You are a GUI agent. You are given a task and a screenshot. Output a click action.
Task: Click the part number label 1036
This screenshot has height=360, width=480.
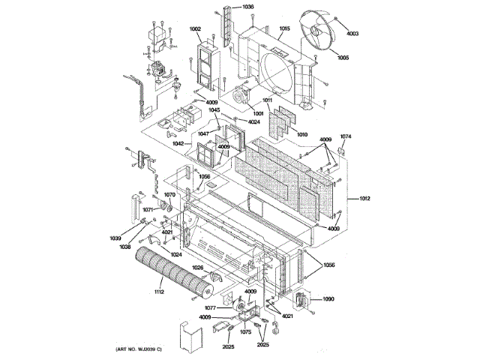pos(247,7)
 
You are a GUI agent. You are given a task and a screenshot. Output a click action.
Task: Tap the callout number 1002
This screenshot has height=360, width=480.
pos(195,29)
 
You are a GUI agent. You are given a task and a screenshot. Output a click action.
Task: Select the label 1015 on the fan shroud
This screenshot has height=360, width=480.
pos(284,29)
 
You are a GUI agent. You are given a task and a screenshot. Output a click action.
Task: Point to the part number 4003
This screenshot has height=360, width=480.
pos(352,33)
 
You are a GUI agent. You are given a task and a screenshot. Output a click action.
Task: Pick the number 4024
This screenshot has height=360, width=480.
pos(254,121)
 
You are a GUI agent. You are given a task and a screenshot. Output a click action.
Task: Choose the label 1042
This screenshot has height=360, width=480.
pos(178,142)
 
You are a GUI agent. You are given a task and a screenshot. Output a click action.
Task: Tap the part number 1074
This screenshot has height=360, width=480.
pos(346,136)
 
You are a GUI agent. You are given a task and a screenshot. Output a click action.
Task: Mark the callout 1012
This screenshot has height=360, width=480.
pos(365,198)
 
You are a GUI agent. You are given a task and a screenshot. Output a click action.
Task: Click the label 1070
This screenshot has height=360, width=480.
pos(170,195)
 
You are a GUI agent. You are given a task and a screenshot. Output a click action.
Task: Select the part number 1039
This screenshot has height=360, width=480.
pos(115,238)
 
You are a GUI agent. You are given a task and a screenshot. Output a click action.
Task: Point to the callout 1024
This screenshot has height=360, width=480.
pos(175,254)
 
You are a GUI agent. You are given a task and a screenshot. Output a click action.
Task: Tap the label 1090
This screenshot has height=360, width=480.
pos(328,299)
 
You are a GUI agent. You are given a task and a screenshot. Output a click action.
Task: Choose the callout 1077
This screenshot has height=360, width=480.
pos(211,307)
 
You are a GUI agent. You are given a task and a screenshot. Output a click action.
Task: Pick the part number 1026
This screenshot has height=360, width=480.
pos(197,268)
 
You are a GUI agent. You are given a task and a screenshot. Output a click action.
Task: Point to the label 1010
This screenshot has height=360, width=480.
pos(302,134)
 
